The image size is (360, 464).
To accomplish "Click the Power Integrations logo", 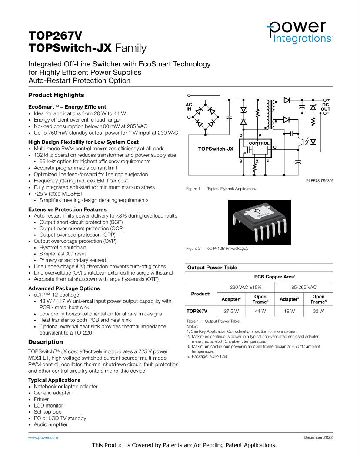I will click(299, 32).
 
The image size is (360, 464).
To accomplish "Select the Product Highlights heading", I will click(56, 95).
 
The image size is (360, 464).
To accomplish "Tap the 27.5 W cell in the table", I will click(231, 311).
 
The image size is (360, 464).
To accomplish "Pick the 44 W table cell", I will click(260, 311).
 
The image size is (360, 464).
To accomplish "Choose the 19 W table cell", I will click(289, 311).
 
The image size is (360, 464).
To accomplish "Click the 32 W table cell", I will click(318, 311).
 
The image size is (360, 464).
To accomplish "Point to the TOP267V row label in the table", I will click(197, 311).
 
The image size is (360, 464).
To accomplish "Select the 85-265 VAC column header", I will click(304, 288).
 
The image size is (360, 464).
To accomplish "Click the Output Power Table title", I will click(212, 268).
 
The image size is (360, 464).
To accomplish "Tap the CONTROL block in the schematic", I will click(259, 143).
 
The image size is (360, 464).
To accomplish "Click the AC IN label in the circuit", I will click(189, 107).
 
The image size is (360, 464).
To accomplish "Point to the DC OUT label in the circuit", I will click(326, 107).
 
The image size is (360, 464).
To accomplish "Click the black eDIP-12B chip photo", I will click(260, 222).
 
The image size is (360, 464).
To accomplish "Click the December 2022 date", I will click(318, 437).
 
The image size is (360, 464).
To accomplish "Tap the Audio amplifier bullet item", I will click(50, 424).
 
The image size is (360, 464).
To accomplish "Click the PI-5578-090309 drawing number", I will click(317, 180).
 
